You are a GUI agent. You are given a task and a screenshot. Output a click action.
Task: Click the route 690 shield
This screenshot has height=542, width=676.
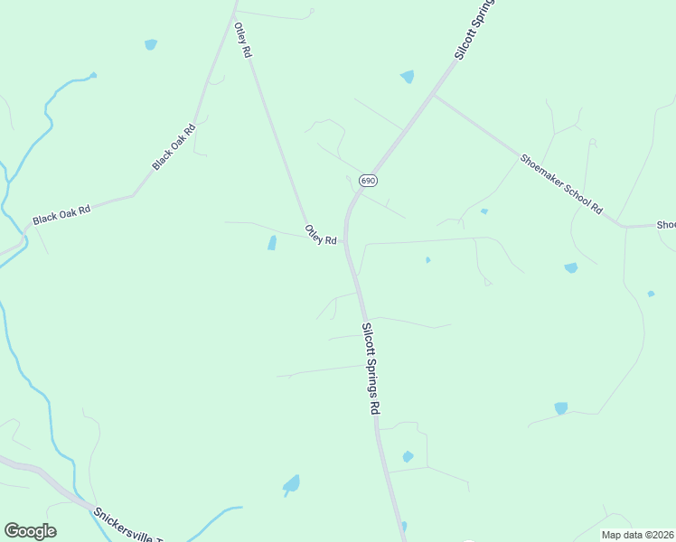tap(367, 181)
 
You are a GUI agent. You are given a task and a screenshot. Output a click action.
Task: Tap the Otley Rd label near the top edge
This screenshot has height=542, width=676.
tap(242, 41)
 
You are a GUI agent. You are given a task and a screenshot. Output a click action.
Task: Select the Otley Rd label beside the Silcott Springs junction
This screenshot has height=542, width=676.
tap(321, 235)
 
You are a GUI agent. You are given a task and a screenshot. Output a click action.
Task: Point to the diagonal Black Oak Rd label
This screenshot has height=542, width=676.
tap(174, 147)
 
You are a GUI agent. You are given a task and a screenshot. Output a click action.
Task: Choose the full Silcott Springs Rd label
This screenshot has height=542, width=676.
tap(371, 369)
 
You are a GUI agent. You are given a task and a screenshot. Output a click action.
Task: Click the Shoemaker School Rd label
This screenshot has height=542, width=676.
tap(560, 183)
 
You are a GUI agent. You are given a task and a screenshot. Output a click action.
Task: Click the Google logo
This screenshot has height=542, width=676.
tap(30, 531)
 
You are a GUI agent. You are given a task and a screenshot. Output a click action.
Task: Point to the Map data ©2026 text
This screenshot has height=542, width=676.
tap(637, 535)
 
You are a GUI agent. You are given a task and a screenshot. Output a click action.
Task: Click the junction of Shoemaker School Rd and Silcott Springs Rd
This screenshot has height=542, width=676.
tap(433, 95)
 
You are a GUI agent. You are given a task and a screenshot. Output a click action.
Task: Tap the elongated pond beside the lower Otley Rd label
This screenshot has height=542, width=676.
tap(272, 243)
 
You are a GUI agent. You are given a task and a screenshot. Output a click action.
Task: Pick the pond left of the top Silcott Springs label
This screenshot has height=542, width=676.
tap(408, 77)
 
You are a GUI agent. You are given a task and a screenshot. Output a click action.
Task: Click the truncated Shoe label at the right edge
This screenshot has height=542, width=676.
tap(665, 225)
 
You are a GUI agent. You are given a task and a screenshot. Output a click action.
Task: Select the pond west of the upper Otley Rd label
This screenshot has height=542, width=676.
tap(151, 44)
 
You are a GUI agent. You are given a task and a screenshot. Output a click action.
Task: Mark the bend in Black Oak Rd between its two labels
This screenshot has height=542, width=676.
tap(135, 193)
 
